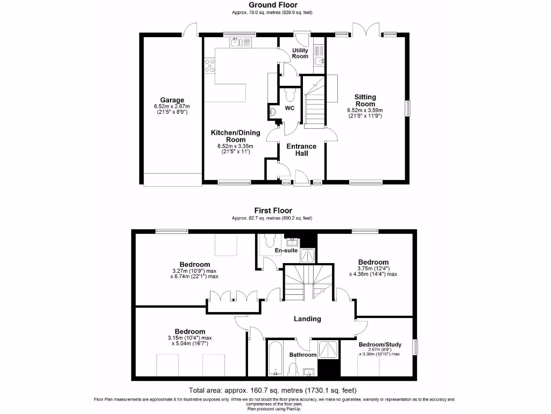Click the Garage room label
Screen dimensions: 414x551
coord(172,100)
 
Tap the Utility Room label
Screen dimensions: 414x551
coord(300,53)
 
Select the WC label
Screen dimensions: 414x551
coord(289,108)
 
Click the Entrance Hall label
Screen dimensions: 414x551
coord(301,149)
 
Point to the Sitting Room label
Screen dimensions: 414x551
coord(365,100)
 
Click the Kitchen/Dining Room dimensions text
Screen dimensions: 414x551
coord(235,149)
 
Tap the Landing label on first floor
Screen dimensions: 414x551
coord(307,319)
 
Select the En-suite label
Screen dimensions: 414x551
coord(286,250)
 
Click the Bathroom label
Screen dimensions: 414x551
coord(303,355)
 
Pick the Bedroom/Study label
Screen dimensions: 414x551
coord(379,343)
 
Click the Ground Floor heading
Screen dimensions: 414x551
coord(272,5)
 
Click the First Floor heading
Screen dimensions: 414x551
coord(273,211)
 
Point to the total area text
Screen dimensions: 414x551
coord(272,390)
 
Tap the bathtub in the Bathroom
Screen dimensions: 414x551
coord(275,358)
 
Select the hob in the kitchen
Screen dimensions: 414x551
coord(209,65)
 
